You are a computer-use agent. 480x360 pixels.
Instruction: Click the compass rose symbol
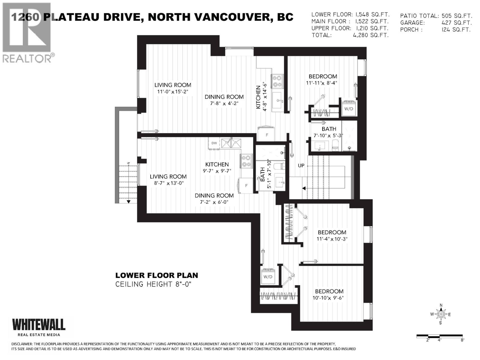(441, 314)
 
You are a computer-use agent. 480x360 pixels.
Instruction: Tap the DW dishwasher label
(214, 143)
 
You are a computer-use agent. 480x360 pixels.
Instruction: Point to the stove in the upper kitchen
(277, 81)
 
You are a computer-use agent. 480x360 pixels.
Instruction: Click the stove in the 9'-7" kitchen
(246, 161)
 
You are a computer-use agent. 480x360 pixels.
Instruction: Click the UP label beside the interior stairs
(301, 166)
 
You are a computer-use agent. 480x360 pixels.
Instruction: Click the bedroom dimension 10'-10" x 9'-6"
(329, 298)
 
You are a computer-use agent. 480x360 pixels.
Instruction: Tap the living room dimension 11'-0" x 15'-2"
(172, 92)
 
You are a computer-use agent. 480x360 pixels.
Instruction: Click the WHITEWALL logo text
(38, 324)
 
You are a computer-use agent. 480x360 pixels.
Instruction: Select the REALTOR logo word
(27, 58)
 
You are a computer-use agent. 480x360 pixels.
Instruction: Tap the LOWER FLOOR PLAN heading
(157, 275)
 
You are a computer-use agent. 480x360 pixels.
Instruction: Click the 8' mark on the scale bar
(462, 340)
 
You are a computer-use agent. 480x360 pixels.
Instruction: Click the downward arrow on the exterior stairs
(128, 202)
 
